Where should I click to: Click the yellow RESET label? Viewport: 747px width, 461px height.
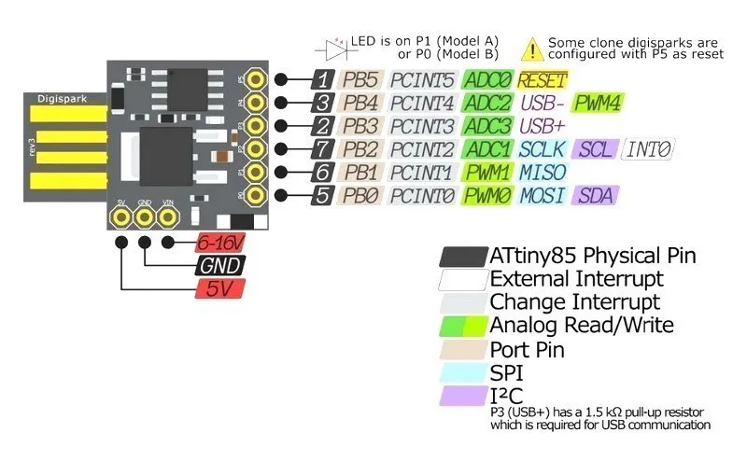[x=543, y=79]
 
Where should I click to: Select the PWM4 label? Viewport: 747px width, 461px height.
[x=598, y=103]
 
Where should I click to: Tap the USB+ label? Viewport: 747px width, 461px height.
[x=542, y=126]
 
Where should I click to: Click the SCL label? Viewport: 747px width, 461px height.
[x=594, y=149]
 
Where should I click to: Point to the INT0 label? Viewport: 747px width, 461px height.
[x=648, y=149]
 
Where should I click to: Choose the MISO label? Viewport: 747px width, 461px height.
[x=542, y=173]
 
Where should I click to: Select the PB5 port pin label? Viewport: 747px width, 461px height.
[x=360, y=79]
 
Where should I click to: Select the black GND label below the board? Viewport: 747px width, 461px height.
[x=219, y=266]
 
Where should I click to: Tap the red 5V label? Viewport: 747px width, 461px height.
[x=219, y=288]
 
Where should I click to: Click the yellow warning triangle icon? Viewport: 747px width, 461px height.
[x=531, y=48]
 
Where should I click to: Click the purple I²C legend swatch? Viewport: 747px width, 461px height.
[x=463, y=397]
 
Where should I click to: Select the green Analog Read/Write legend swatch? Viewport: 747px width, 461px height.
[x=463, y=326]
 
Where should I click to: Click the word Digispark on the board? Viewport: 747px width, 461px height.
[x=59, y=97]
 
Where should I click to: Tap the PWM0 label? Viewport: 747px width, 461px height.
[x=486, y=196]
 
